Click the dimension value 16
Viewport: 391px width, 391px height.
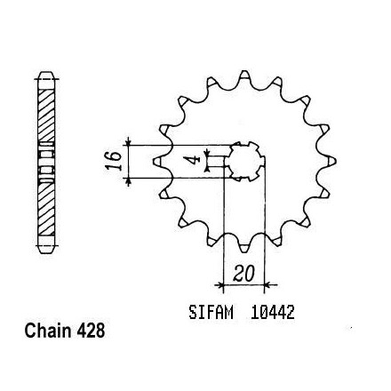tap(115, 161)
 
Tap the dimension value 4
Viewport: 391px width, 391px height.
tap(195, 160)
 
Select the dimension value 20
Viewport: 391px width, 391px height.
tap(244, 274)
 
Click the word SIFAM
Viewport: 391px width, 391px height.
tap(211, 313)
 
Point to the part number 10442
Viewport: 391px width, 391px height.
tap(273, 313)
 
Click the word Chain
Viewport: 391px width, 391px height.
tap(48, 331)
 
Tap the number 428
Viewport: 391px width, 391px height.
tap(91, 331)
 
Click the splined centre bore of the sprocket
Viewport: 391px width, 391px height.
tap(244, 161)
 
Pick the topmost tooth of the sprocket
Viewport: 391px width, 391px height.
tap(244, 76)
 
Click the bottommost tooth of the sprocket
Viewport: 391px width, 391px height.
tap(243, 247)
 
